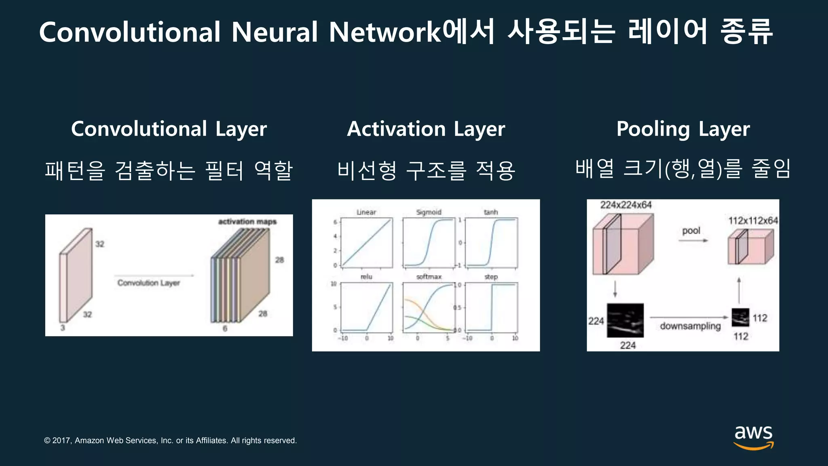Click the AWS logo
(x=753, y=437)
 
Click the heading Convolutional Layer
(x=169, y=129)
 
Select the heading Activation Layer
(x=426, y=129)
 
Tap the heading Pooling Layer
(x=683, y=129)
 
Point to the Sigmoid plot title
(x=429, y=212)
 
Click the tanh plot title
(x=491, y=212)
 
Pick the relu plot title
(x=366, y=277)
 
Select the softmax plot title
(x=429, y=277)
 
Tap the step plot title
(x=491, y=277)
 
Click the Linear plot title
(x=366, y=212)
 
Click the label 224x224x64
(x=625, y=205)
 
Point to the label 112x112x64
(x=753, y=220)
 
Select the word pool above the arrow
(x=691, y=231)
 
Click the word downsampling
(x=690, y=326)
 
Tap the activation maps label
(x=247, y=222)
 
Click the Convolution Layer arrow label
(x=149, y=283)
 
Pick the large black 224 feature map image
(x=625, y=320)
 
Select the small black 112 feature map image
(x=740, y=318)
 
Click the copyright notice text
(x=170, y=441)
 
